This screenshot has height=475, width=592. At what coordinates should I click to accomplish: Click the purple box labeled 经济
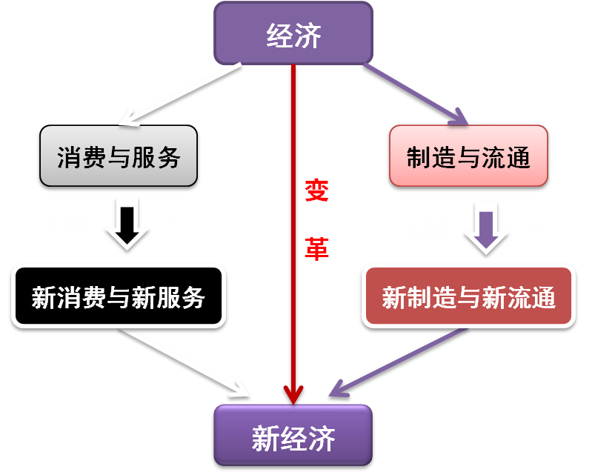[x=293, y=33]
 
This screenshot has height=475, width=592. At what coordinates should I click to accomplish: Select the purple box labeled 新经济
[x=293, y=435]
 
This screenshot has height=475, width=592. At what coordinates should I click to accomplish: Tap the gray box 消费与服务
[x=119, y=156]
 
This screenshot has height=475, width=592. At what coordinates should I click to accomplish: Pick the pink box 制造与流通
[x=468, y=156]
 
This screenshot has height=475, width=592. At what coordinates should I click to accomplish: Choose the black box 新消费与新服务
[x=119, y=296]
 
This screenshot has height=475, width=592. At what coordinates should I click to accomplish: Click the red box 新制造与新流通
[x=468, y=296]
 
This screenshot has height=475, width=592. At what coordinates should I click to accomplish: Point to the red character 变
[x=316, y=190]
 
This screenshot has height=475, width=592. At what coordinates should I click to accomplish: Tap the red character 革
[x=316, y=249]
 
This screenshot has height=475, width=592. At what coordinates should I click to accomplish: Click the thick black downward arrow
[x=127, y=225]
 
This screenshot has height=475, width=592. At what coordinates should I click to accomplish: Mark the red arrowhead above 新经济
[x=293, y=395]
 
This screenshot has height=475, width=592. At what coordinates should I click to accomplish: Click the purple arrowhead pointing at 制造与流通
[x=459, y=117]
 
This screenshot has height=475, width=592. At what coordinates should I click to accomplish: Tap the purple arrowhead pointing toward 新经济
[x=339, y=389]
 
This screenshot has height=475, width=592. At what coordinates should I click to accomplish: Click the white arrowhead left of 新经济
[x=240, y=390]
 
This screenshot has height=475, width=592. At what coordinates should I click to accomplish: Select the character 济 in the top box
[x=307, y=36]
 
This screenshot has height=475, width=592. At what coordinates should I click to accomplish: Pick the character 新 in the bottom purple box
[x=265, y=438]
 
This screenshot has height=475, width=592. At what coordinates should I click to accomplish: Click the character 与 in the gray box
[x=119, y=157]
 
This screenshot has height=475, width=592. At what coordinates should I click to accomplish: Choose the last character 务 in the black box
[x=193, y=298]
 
